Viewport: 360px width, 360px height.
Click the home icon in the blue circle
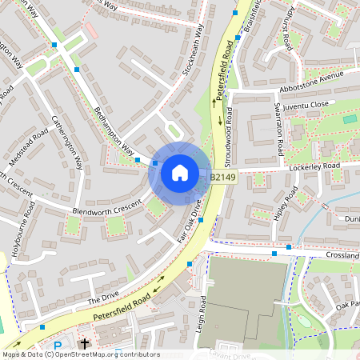tap(179, 173)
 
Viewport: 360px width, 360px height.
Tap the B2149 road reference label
tap(223, 176)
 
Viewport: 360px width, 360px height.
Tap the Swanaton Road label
tap(280, 128)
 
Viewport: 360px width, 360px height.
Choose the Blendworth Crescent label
tap(106, 204)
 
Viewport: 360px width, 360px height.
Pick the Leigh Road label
tap(203, 316)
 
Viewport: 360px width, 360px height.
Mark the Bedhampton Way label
tap(114, 131)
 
